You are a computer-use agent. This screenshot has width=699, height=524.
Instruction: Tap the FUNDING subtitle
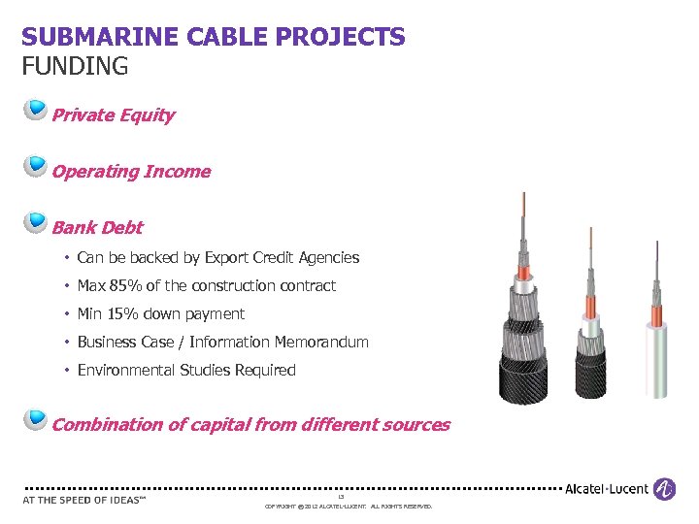(75, 66)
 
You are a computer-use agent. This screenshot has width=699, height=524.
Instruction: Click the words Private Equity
(113, 115)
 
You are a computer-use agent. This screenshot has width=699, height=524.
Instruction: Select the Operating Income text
(130, 172)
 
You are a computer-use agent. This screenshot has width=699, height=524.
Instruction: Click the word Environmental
(126, 371)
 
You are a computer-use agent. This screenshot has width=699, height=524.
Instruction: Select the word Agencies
(330, 258)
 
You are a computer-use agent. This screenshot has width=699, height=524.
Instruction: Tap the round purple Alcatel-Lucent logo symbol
(664, 488)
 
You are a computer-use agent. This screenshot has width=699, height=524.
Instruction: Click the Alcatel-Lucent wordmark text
(607, 489)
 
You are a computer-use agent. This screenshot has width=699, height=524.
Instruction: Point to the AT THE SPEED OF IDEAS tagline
(83, 501)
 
